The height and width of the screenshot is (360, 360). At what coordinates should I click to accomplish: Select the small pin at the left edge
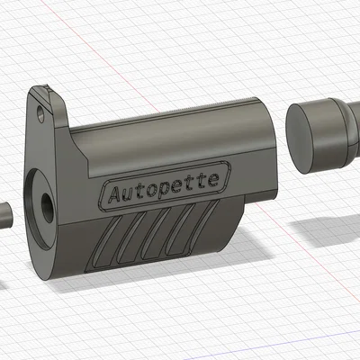4,216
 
